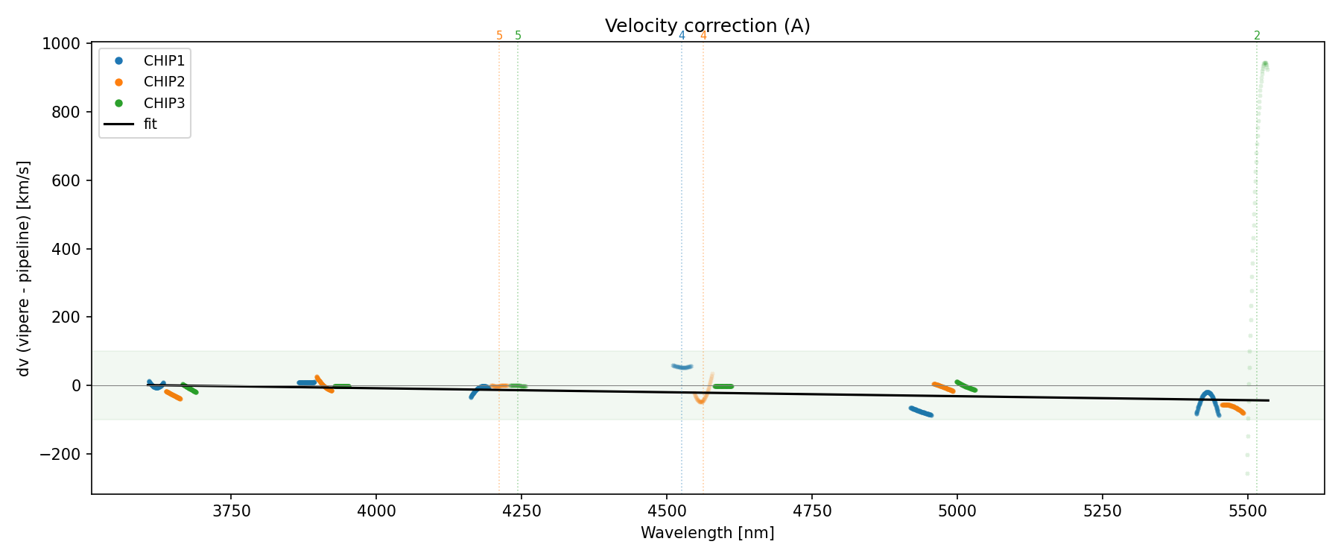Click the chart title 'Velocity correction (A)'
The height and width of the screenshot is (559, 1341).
tap(707, 26)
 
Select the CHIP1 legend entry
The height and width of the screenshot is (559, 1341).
tap(164, 60)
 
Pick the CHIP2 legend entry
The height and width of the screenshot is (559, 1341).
tap(164, 82)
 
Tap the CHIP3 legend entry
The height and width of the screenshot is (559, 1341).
tap(164, 103)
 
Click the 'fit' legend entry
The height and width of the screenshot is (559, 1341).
tap(150, 124)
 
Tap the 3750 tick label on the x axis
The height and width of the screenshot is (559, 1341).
tap(232, 511)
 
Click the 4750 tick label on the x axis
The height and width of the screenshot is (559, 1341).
tap(812, 511)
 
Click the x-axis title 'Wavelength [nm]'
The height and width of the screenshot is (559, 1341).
tap(707, 533)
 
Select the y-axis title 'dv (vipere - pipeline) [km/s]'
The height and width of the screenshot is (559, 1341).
tap(24, 268)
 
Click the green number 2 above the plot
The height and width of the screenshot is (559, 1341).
tap(1257, 36)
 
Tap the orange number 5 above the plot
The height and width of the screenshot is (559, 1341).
tap(499, 36)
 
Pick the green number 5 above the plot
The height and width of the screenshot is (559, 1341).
tap(518, 36)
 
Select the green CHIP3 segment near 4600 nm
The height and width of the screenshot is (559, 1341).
tap(723, 386)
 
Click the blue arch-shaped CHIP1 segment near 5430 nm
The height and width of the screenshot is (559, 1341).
tap(1207, 394)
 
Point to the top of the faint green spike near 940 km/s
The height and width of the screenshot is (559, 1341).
tap(1264, 64)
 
